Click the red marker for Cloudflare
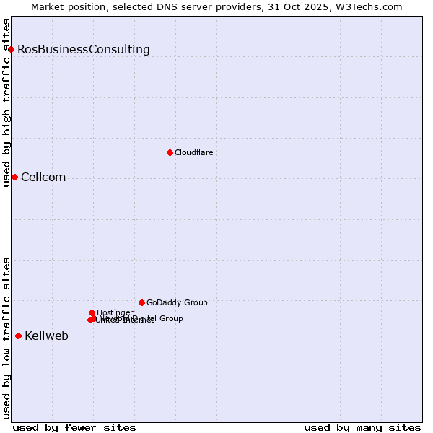coord(170,152)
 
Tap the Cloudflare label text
coord(193,152)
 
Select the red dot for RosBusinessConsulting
coord(12,49)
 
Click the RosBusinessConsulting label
coord(84,50)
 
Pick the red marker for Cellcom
coord(14,177)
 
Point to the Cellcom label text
coord(43,178)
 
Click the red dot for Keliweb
coord(18,336)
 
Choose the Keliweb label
coord(46,336)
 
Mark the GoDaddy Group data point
coord(141,302)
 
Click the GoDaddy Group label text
coord(177,302)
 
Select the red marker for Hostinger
coord(92,312)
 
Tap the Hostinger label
coord(115,312)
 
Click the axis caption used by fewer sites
coord(74,427)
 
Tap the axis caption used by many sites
coord(362,427)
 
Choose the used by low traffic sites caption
coord(6,338)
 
